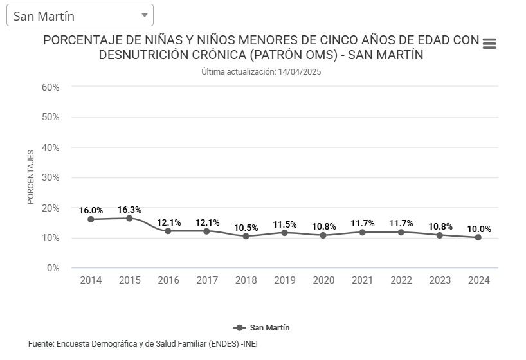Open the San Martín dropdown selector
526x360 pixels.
pos(80,15)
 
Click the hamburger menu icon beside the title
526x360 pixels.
pos(489,44)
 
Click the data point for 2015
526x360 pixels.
pos(129,219)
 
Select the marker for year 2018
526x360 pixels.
pos(246,236)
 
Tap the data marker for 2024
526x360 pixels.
pos(478,237)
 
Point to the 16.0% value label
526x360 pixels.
pos(91,210)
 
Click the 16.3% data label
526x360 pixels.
pos(129,210)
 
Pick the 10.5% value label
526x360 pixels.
pos(246,228)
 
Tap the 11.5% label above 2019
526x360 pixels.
pos(284,224)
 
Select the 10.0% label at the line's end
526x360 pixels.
pos(479,229)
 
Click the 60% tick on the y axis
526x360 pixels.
pos(51,87)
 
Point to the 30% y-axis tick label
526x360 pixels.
pos(51,177)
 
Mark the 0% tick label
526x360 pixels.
pos(53,268)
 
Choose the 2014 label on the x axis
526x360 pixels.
pos(91,280)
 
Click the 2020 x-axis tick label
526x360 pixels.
pos(323,280)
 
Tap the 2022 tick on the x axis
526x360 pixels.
pos(401,280)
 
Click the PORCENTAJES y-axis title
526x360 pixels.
pos(31,177)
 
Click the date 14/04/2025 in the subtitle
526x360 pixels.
pos(299,72)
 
